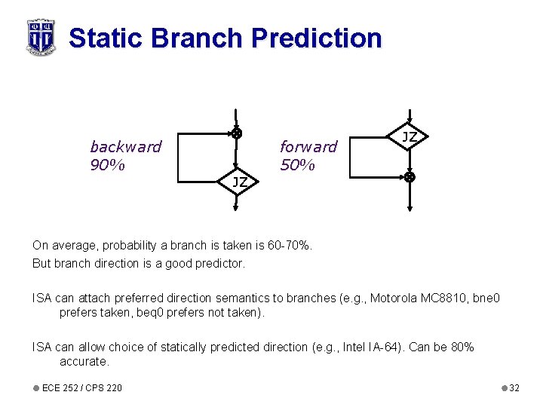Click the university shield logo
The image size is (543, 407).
pyautogui.click(x=41, y=37)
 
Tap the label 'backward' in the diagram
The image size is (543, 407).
pyautogui.click(x=125, y=146)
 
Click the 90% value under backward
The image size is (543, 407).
pyautogui.click(x=107, y=164)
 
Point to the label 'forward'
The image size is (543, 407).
pyautogui.click(x=308, y=146)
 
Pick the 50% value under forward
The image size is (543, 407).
pyautogui.click(x=297, y=164)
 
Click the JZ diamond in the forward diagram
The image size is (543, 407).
pyautogui.click(x=409, y=137)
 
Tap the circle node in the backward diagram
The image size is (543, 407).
pyautogui.click(x=237, y=133)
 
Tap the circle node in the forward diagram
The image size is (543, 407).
pyautogui.click(x=409, y=178)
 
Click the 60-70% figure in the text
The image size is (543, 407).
pyautogui.click(x=289, y=246)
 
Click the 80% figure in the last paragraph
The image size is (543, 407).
pyautogui.click(x=460, y=347)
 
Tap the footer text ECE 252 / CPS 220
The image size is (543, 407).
pyautogui.click(x=81, y=388)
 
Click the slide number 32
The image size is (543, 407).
pyautogui.click(x=514, y=388)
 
